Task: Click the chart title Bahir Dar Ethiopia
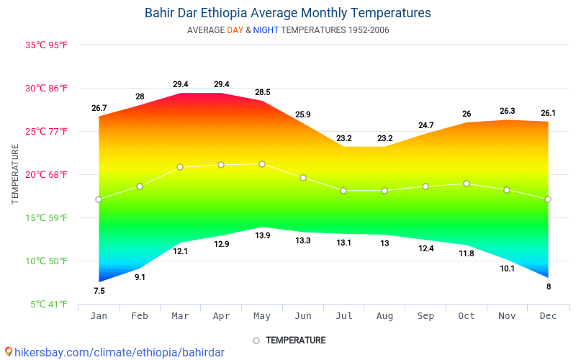287,13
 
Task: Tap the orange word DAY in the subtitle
235,30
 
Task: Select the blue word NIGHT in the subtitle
266,30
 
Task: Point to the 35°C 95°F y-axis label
46,45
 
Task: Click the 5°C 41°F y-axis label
49,305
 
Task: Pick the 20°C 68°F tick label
46,174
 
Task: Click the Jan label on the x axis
99,316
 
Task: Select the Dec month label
548,316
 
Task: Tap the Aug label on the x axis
384,316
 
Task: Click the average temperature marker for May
262,164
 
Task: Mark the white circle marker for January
99,199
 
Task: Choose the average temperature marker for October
467,184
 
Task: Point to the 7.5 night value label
99,291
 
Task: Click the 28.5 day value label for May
262,92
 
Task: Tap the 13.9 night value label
262,235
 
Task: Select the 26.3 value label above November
507,111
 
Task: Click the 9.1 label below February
140,277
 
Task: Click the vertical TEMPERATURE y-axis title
15,174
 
